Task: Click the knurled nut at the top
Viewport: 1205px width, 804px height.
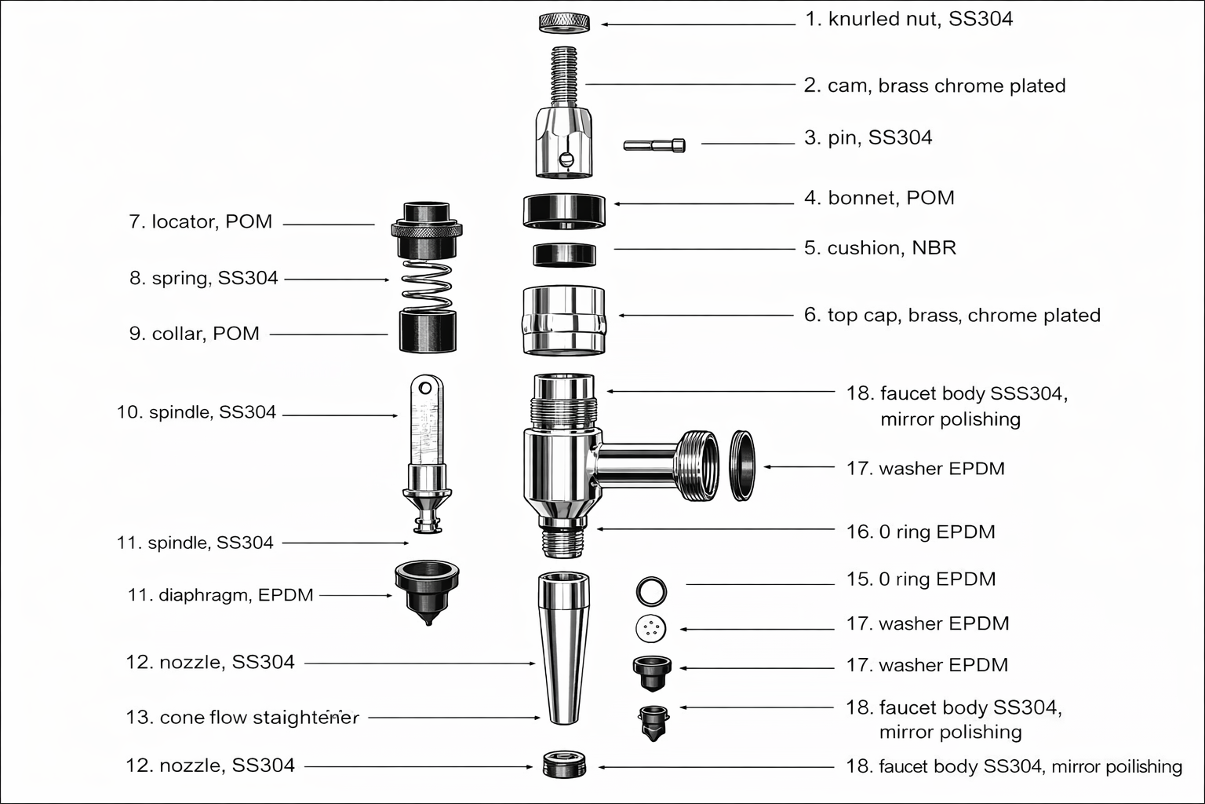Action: [564, 23]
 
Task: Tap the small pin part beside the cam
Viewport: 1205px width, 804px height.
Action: [654, 144]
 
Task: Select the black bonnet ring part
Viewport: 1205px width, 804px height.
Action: [564, 210]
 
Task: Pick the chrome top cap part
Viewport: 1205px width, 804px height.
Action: [563, 320]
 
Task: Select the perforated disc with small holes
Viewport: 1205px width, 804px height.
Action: [651, 628]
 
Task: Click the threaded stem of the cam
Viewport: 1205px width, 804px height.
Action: [564, 75]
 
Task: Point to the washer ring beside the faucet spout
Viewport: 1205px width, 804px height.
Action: [742, 465]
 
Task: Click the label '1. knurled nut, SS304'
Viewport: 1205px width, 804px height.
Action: [908, 19]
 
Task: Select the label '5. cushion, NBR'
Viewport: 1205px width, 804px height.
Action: [879, 248]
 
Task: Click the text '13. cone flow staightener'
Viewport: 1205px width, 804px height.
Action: [242, 718]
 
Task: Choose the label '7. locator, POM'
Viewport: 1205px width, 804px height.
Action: [200, 222]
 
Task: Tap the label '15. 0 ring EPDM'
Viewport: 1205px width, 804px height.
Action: [920, 579]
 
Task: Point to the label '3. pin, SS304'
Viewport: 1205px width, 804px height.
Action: [868, 138]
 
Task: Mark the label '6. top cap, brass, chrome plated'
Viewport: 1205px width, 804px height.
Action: [952, 316]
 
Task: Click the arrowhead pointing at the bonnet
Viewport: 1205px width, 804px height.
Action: [617, 204]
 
